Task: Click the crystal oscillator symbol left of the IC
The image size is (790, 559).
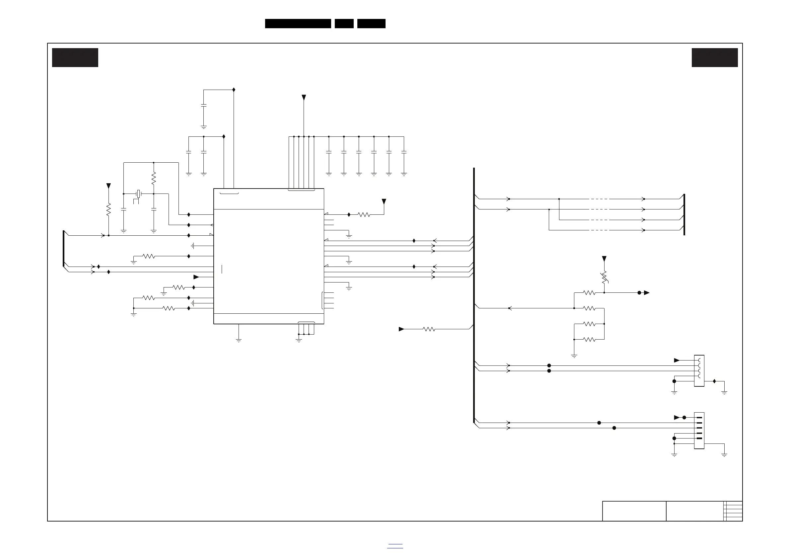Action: click(x=138, y=194)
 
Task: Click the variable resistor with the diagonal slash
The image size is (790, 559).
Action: click(x=604, y=278)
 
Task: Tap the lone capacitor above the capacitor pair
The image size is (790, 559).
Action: click(x=204, y=106)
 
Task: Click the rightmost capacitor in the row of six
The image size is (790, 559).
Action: click(x=404, y=152)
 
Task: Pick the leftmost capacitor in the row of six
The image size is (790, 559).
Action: click(x=328, y=152)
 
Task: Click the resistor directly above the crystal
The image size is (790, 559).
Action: click(x=154, y=178)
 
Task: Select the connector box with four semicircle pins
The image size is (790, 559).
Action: click(x=699, y=371)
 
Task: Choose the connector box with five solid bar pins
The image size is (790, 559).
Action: click(x=699, y=431)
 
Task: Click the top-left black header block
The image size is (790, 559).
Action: click(x=75, y=57)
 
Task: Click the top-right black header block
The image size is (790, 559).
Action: click(x=715, y=57)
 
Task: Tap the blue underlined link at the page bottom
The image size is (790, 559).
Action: click(x=395, y=546)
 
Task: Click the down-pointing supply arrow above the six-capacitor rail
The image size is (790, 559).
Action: click(x=304, y=98)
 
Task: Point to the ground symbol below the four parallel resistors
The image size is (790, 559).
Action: click(x=574, y=356)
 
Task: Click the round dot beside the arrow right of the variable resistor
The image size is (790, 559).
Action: click(x=639, y=293)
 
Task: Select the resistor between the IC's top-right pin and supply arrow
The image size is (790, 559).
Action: click(x=364, y=214)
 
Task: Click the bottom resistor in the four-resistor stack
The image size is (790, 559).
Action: click(x=589, y=339)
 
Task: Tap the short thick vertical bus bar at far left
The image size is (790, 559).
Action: click(x=64, y=249)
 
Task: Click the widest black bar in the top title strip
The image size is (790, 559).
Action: click(x=298, y=24)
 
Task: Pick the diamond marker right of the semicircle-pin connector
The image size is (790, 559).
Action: click(x=714, y=381)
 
